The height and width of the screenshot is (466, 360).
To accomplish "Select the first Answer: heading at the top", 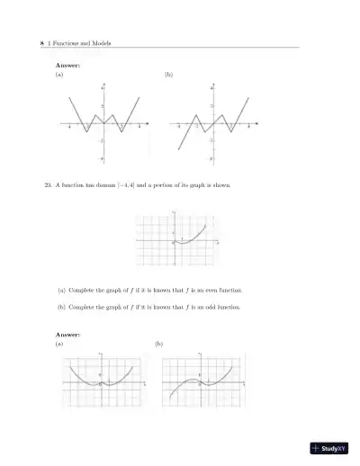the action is [x=68, y=65].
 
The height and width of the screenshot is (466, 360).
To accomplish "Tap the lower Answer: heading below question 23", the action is [x=68, y=335].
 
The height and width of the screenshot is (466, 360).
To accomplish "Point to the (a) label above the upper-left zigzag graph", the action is [x=59, y=75].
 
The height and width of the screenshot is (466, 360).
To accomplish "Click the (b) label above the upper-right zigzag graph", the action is [x=168, y=75].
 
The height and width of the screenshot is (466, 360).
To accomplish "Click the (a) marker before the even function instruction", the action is [x=60, y=291].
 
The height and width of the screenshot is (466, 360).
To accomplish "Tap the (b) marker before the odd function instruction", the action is [x=60, y=307].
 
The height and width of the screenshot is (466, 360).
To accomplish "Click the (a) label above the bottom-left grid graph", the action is [x=59, y=345].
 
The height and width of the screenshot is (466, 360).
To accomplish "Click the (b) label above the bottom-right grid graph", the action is [x=159, y=345].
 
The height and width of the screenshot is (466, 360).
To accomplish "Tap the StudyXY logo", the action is [x=328, y=448].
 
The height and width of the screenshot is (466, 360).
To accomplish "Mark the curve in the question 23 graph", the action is [x=194, y=237].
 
